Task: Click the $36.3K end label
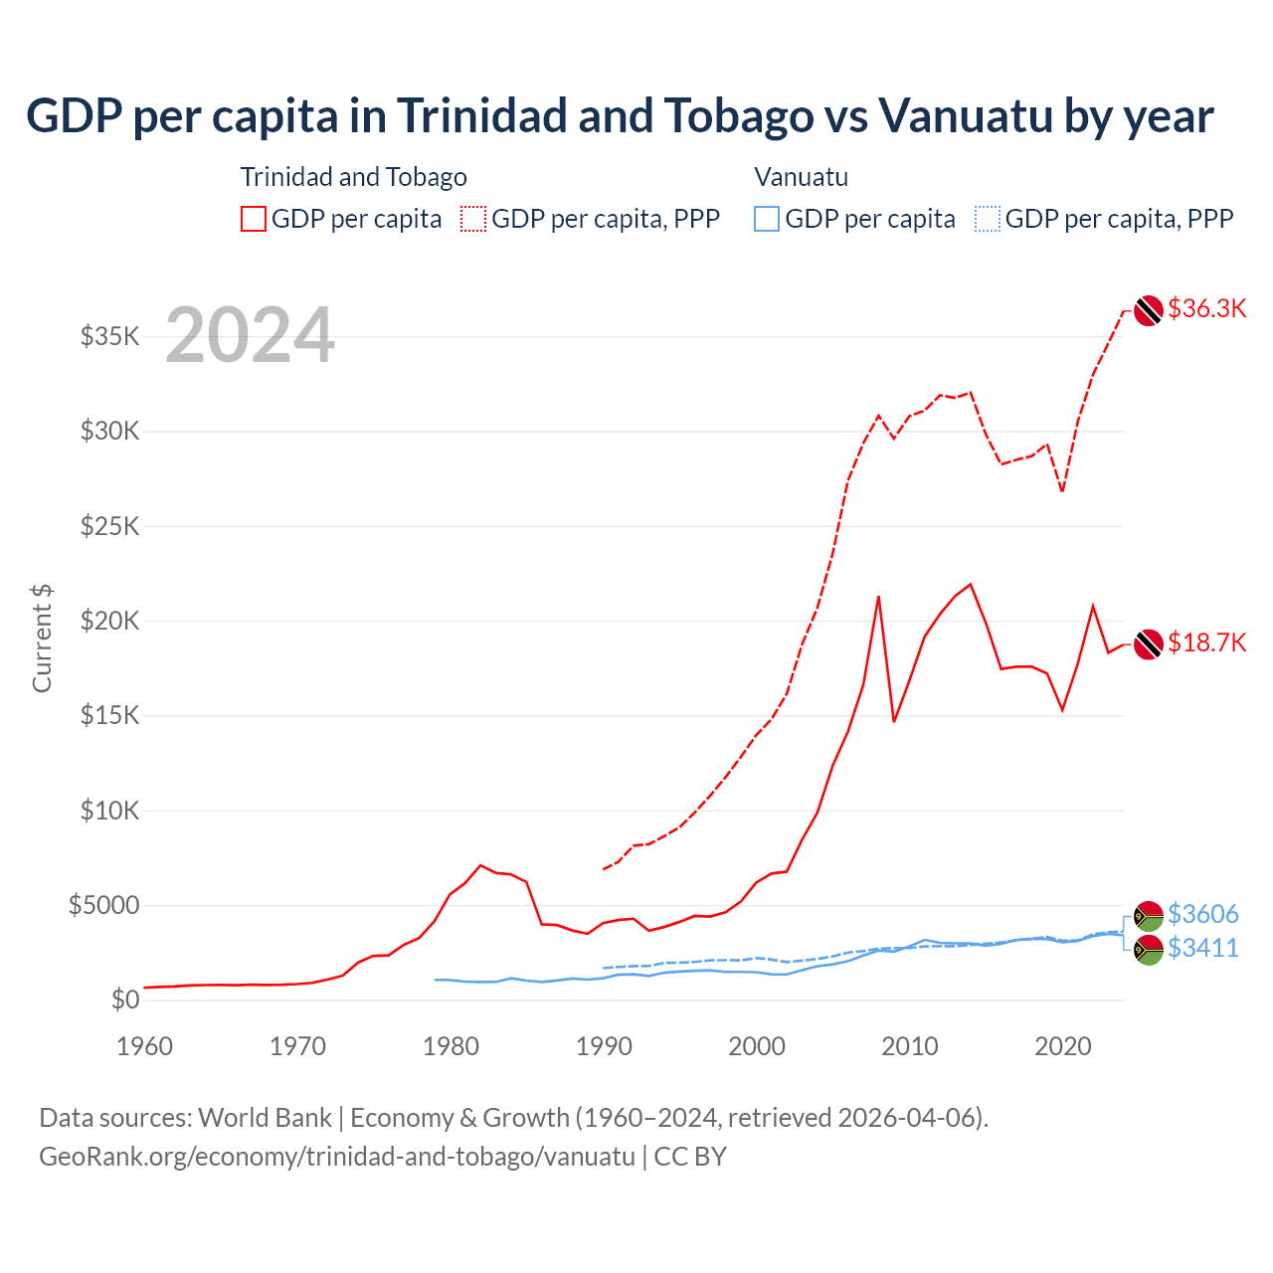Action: pos(1206,308)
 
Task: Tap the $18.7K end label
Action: pos(1206,642)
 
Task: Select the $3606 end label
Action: pos(1202,913)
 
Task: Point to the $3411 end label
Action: pos(1202,948)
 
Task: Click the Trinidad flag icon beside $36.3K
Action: pos(1149,310)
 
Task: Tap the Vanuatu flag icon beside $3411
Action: pos(1149,950)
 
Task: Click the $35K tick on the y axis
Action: pos(110,336)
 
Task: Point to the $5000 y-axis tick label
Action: pos(103,905)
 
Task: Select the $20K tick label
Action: pos(110,621)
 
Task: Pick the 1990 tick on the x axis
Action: pos(604,1046)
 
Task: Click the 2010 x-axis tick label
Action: pos(910,1046)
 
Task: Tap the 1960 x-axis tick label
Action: pos(145,1046)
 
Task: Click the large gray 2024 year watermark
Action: pos(250,335)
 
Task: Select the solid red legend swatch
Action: pos(254,219)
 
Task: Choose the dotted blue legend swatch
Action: pos(988,219)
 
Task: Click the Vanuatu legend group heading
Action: pos(801,177)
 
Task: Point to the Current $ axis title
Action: pos(42,638)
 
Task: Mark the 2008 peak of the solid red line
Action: pos(878,597)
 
